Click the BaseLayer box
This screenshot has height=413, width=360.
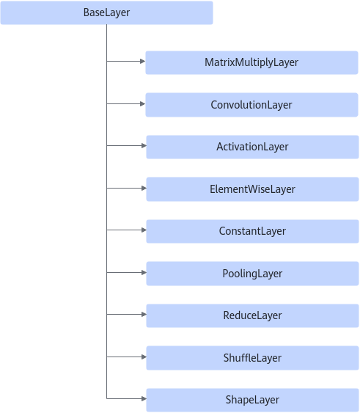tap(106, 12)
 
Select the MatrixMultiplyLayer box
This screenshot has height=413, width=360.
tap(251, 62)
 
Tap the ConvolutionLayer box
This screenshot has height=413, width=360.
tap(251, 105)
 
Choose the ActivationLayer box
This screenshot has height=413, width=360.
tap(252, 147)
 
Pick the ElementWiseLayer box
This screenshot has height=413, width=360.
tap(252, 189)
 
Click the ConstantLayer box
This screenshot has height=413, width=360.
tap(252, 231)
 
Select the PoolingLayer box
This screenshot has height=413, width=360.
tap(252, 274)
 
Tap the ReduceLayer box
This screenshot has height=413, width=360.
tap(252, 315)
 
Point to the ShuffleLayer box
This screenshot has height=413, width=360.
tap(252, 358)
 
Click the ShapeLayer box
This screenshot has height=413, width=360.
tap(252, 400)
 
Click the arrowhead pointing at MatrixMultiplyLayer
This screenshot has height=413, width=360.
tap(143, 62)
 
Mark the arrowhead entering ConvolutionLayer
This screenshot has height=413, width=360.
tap(143, 103)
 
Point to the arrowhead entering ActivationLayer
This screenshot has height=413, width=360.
tap(144, 146)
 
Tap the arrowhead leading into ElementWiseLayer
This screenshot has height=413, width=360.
tap(144, 188)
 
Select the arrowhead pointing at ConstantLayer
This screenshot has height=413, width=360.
tap(144, 230)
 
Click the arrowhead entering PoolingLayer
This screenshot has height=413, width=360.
tap(144, 272)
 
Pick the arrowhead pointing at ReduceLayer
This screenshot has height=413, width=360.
tap(144, 314)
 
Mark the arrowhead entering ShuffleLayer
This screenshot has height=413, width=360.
tap(144, 357)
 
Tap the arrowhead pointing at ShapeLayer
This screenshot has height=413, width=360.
tap(144, 399)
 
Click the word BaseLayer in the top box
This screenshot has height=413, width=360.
tap(106, 12)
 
